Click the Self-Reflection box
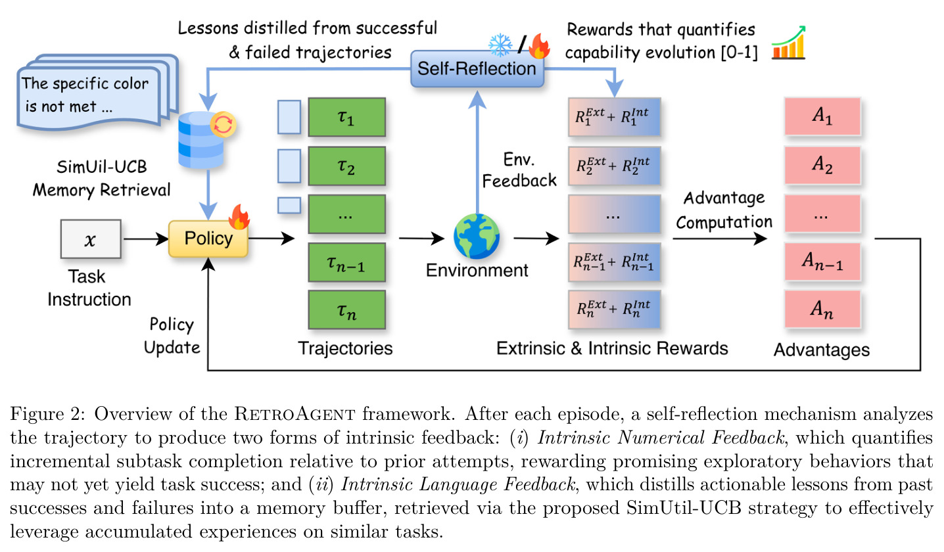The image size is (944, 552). point(477,69)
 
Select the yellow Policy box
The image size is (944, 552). point(208,239)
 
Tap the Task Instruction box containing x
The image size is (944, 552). point(91,239)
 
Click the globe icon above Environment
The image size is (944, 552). point(477,236)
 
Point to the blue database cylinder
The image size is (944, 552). point(201,141)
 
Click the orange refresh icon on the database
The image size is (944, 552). point(223,124)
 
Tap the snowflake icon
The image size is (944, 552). point(500,45)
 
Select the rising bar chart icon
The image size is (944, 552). point(788,42)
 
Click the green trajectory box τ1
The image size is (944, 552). point(347,117)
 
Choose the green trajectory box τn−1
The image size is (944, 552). point(347,262)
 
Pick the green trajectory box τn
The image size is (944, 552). point(347,310)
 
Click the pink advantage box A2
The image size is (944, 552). point(822,165)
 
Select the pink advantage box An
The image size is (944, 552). point(822,309)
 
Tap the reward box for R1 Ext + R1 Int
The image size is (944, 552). point(614,117)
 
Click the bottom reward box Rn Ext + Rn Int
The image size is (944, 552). point(614,310)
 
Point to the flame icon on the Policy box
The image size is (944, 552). point(239,217)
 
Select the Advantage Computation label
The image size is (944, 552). point(724,210)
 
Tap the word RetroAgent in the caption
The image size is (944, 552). point(295,414)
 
